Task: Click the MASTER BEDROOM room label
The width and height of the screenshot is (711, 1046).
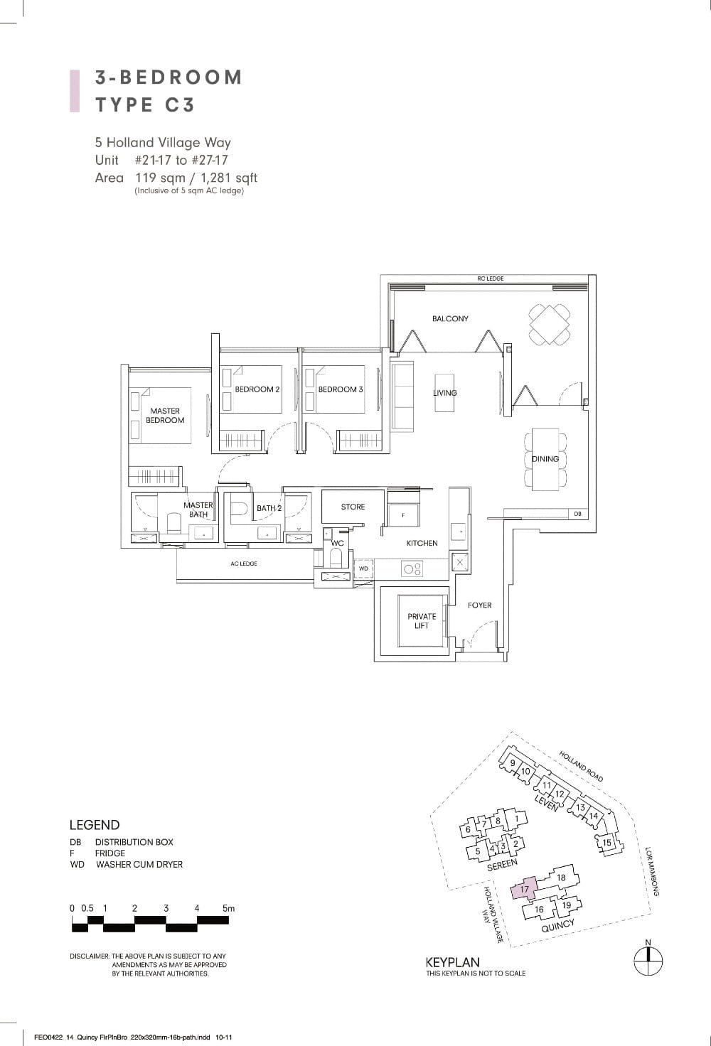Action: pos(165,416)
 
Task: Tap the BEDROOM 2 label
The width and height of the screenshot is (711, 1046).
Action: pos(257,389)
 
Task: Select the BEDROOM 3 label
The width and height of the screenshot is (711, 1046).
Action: pos(341,389)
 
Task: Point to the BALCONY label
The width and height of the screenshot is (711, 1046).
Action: pos(450,318)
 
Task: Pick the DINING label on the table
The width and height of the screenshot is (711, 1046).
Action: pos(545,459)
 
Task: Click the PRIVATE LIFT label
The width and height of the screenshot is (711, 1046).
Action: pos(422,621)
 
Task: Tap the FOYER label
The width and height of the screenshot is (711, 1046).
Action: pos(480,605)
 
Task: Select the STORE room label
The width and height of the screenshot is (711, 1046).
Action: pos(353,507)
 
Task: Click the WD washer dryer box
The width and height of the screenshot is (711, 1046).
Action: pos(363,569)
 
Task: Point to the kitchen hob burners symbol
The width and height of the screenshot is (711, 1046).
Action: pos(412,568)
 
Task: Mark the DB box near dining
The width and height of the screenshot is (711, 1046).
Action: pos(577,513)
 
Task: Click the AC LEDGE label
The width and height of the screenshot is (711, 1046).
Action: pos(244,564)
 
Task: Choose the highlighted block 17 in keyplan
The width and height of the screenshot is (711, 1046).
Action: pos(525,889)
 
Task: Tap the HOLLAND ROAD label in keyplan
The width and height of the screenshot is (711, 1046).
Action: pos(581,766)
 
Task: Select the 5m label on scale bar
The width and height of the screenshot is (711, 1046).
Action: pos(228,908)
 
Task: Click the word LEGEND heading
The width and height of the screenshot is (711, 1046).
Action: pos(95,825)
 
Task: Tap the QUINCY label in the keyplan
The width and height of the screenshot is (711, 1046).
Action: pos(557,926)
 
